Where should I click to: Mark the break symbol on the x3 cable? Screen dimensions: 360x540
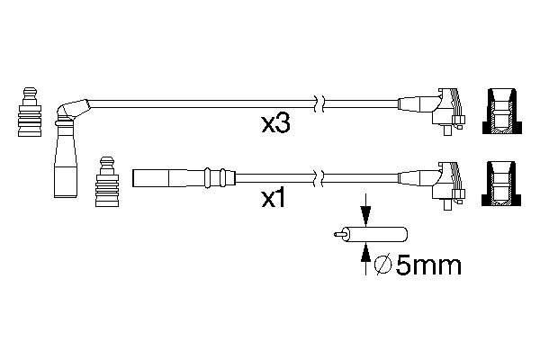(x=317, y=103)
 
